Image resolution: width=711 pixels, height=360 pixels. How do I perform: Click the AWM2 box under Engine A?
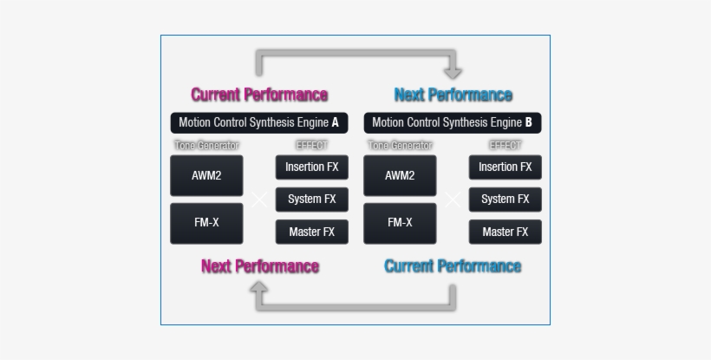click(206, 175)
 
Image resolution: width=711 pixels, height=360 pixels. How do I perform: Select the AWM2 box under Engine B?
click(400, 175)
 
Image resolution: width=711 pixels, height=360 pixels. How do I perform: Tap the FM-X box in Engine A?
click(206, 223)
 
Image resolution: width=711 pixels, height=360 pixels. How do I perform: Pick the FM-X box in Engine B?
click(400, 223)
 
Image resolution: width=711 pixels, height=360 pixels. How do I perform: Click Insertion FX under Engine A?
click(311, 167)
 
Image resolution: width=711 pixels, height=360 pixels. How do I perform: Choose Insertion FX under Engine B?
click(505, 167)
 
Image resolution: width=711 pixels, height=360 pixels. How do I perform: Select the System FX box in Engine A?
click(311, 200)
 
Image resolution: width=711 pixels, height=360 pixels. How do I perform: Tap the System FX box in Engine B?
click(505, 200)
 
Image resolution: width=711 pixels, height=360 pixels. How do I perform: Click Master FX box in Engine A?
click(311, 232)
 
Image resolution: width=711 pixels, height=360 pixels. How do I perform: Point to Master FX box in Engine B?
click(505, 232)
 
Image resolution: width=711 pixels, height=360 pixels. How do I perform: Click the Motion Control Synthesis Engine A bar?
click(258, 123)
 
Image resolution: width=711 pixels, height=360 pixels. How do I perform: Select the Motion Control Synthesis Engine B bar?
click(452, 123)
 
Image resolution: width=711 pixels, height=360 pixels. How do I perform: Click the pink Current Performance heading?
click(259, 95)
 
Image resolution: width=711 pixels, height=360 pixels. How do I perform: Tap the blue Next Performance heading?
click(453, 95)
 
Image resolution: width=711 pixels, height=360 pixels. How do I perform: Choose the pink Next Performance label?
click(259, 266)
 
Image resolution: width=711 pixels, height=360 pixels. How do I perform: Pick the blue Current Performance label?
click(453, 266)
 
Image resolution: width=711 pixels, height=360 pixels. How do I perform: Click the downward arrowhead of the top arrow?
click(452, 73)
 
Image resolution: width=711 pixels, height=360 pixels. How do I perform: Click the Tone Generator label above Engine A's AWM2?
click(206, 146)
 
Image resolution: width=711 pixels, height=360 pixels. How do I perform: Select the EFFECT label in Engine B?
click(505, 146)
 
